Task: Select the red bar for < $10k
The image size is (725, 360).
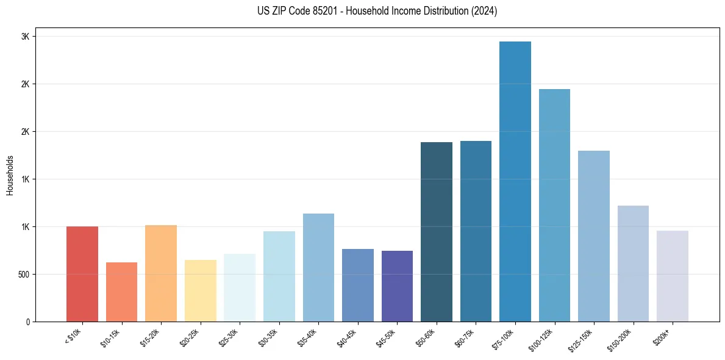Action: pyautogui.click(x=82, y=274)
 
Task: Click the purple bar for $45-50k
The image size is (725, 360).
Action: pyautogui.click(x=397, y=286)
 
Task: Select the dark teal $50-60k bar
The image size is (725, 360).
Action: pyautogui.click(x=437, y=232)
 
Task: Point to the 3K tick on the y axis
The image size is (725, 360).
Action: pyautogui.click(x=25, y=37)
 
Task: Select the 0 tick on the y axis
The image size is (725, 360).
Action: pyautogui.click(x=27, y=322)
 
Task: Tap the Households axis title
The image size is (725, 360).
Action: pyautogui.click(x=10, y=175)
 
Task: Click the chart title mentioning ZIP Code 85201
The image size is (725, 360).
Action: pyautogui.click(x=377, y=11)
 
